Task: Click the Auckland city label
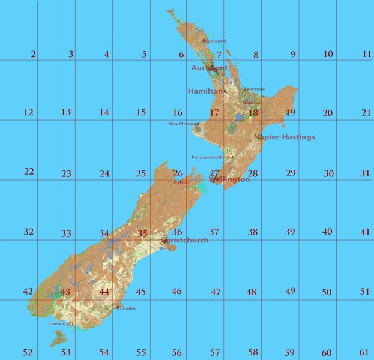click(x=209, y=68)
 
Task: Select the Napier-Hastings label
click(x=285, y=137)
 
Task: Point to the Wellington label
click(x=229, y=179)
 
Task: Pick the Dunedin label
click(x=126, y=308)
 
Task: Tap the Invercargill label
click(x=61, y=323)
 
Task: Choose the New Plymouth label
click(x=184, y=124)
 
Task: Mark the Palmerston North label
click(x=211, y=157)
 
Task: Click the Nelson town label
click(x=181, y=182)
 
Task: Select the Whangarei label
click(x=214, y=41)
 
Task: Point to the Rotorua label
click(x=252, y=103)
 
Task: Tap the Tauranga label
click(x=254, y=89)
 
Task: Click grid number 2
click(x=33, y=55)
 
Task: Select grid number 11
click(x=367, y=54)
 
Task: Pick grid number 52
click(x=28, y=352)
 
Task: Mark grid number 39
click(x=290, y=232)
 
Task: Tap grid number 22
click(x=29, y=172)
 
